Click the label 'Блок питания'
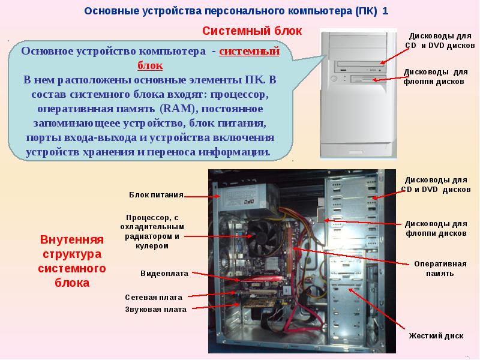(155, 194)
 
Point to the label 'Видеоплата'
(164, 273)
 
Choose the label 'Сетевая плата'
(154, 297)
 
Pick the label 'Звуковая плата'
(156, 310)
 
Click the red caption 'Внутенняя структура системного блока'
(71, 261)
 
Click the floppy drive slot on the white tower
(362, 78)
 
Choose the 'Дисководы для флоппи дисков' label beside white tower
(434, 77)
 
